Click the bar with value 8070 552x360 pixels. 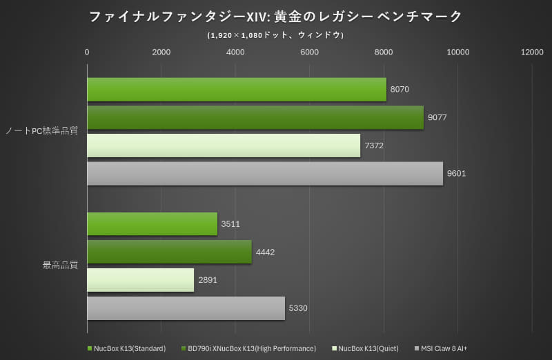(x=236, y=90)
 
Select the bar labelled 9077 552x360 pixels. (x=255, y=117)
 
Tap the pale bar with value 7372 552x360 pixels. (x=223, y=146)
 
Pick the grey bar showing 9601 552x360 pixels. (x=264, y=173)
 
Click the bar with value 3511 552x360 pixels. (x=152, y=224)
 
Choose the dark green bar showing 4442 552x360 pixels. (x=169, y=252)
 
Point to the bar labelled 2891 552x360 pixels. (x=140, y=280)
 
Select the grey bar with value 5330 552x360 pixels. (x=186, y=308)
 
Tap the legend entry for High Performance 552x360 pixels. (x=251, y=348)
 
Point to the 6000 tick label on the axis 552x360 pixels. (x=309, y=52)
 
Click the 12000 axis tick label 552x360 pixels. (x=532, y=52)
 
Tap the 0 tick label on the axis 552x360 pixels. (x=87, y=52)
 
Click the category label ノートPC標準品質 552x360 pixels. (x=41, y=132)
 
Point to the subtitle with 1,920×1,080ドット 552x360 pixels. (x=275, y=34)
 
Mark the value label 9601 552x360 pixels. (x=456, y=173)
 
